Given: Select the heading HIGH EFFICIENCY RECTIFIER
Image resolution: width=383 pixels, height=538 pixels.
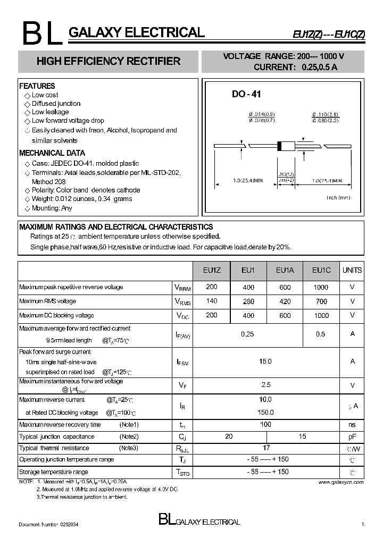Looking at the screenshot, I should (x=108, y=61).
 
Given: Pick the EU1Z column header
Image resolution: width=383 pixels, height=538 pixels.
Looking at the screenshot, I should (x=212, y=271).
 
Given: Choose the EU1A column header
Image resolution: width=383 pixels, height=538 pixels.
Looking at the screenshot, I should (x=285, y=271).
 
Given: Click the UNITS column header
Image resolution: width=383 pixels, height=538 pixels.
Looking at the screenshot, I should (x=352, y=271).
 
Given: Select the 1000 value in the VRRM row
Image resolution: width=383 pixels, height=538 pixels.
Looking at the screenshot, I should (x=321, y=287).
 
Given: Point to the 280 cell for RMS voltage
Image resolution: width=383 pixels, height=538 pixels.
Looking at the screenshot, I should (x=248, y=301).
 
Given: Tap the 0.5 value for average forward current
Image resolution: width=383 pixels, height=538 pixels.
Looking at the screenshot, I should (x=320, y=334).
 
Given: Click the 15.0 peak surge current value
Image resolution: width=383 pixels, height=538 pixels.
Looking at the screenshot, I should (x=265, y=362).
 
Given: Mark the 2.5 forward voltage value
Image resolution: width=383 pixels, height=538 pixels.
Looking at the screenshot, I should (x=265, y=384).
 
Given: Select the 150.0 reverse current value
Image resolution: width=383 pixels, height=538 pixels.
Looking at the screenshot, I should (x=265, y=413).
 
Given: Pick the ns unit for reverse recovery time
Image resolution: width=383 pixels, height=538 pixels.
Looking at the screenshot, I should (x=352, y=425).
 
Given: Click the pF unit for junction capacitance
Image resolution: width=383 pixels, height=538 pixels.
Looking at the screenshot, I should (x=352, y=436).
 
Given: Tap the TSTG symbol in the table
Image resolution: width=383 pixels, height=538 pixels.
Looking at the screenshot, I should (x=182, y=472).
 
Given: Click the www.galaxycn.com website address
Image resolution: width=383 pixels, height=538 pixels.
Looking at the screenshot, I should (x=341, y=482).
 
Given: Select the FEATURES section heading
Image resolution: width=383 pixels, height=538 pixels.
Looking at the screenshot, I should (x=37, y=86).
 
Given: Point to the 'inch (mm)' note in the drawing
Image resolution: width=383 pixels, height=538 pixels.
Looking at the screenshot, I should (x=338, y=198).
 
